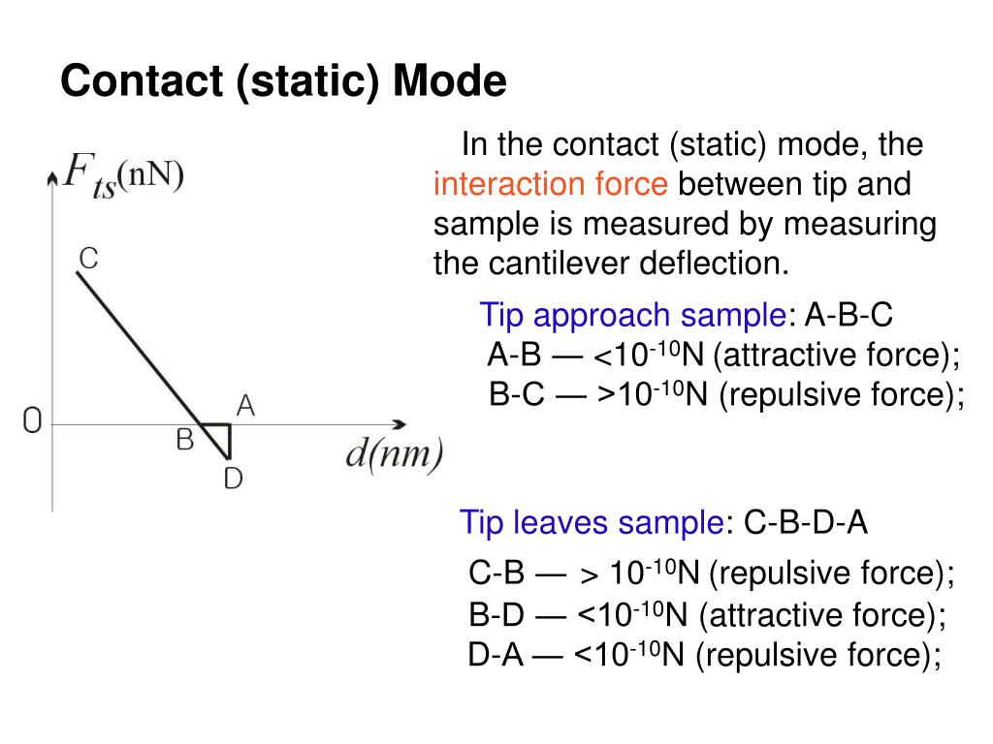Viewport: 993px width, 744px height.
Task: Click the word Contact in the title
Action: click(x=143, y=82)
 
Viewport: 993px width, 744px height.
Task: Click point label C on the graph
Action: click(x=87, y=259)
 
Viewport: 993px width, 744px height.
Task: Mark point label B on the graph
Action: click(x=184, y=440)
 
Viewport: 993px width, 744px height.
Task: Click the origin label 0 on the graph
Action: click(x=32, y=422)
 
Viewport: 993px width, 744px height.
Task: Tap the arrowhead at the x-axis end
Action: click(x=399, y=424)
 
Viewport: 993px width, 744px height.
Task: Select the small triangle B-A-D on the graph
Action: click(x=222, y=433)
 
